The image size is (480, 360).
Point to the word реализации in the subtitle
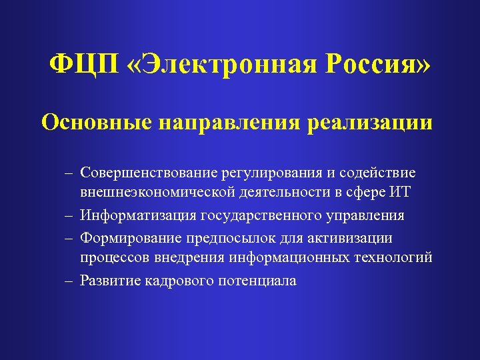click(x=374, y=123)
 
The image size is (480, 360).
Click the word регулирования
click(x=268, y=173)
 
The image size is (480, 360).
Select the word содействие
click(x=377, y=173)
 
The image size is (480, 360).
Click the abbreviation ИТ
click(x=401, y=194)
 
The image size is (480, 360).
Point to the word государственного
click(x=263, y=216)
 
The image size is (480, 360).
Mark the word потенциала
click(x=257, y=281)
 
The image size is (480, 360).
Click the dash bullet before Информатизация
click(x=69, y=217)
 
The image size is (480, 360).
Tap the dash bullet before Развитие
click(x=69, y=281)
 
